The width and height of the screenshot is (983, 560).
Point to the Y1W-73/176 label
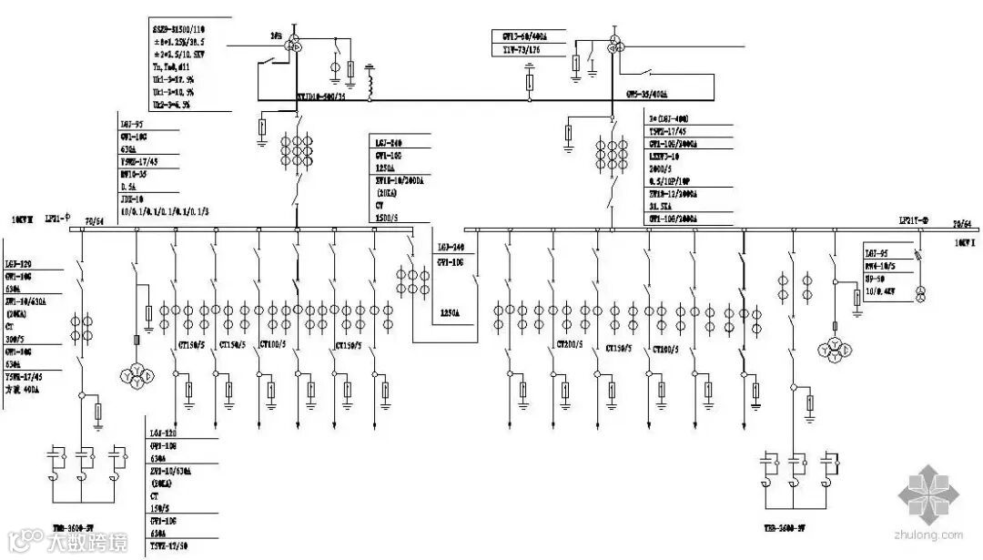pos(524,50)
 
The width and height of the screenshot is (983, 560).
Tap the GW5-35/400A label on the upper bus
pos(647,94)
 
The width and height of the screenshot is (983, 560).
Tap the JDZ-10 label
pos(133,199)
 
